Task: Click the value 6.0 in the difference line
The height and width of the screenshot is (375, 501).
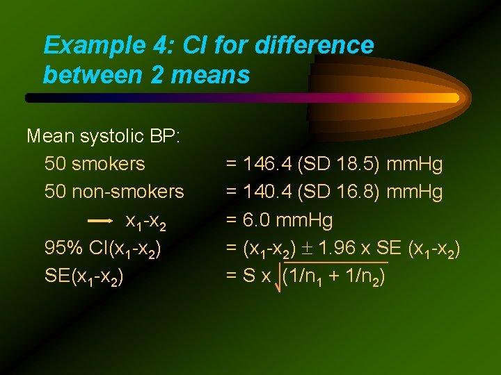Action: click(257, 221)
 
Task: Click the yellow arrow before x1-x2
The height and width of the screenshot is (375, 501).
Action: click(101, 221)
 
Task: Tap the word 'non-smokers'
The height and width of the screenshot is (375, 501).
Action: click(114, 192)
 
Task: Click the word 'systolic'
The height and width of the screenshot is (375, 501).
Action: click(111, 135)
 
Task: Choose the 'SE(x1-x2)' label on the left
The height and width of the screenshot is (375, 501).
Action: click(84, 277)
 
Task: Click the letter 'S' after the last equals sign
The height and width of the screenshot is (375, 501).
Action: click(248, 276)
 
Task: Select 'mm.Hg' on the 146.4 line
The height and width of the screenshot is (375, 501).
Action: click(414, 165)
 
